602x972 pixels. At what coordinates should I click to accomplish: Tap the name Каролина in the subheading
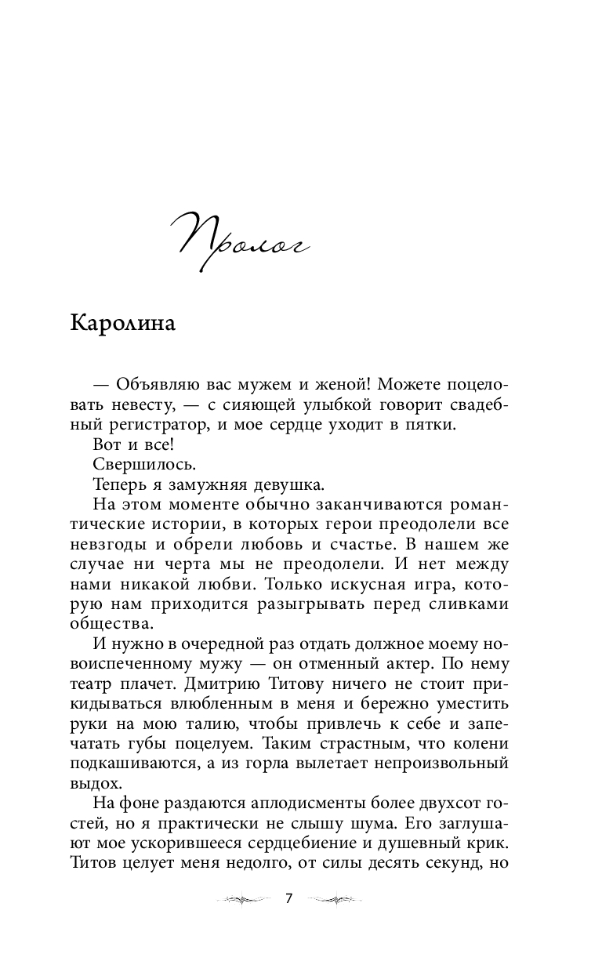(123, 324)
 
